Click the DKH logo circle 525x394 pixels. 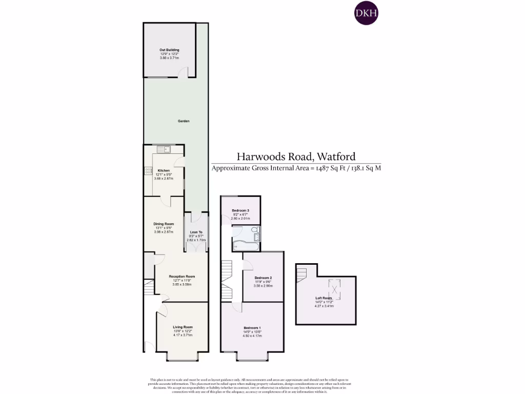pos(367,14)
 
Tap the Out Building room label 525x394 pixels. pos(169,50)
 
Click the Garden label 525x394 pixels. pos(184,121)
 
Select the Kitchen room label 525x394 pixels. pos(164,170)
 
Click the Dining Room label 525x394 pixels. pos(164,224)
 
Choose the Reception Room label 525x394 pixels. pos(182,277)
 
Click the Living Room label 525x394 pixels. pos(183,327)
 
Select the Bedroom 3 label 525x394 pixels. pos(240,211)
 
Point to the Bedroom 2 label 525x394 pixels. pos(263,278)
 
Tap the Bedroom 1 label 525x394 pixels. pos(252,328)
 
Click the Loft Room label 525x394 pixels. pos(324,298)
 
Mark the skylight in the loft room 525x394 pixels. pos(335,287)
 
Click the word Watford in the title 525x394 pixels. pos(336,156)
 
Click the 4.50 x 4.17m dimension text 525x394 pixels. pos(252,336)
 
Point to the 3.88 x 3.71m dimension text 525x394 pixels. pos(169,58)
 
